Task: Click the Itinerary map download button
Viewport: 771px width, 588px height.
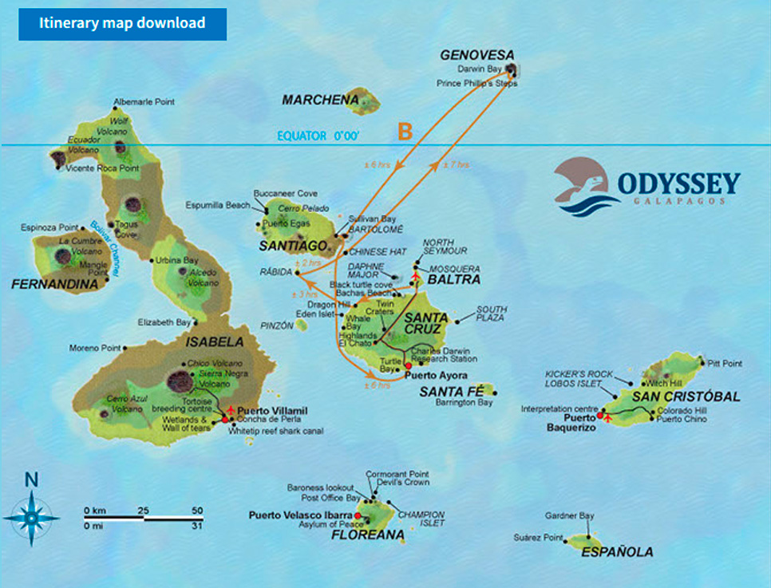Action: pyautogui.click(x=122, y=24)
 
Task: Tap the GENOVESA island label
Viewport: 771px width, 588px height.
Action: pyautogui.click(x=476, y=54)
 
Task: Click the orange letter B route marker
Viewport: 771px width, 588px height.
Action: pyautogui.click(x=405, y=132)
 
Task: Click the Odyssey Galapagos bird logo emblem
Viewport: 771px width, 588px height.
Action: pyautogui.click(x=582, y=185)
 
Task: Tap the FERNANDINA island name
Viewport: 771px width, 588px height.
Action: pyautogui.click(x=49, y=282)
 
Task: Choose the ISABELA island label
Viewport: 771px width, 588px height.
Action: pyautogui.click(x=215, y=341)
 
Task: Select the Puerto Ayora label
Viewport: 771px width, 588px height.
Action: pyautogui.click(x=436, y=375)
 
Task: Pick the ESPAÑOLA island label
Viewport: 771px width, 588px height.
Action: pyautogui.click(x=617, y=551)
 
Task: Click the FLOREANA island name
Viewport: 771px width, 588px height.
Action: pyautogui.click(x=368, y=535)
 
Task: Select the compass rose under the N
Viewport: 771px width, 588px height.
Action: pyautogui.click(x=31, y=518)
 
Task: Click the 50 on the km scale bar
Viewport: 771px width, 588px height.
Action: pyautogui.click(x=197, y=510)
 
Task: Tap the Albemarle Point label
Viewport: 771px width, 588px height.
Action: pyautogui.click(x=144, y=102)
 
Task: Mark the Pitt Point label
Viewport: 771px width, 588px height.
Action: pyautogui.click(x=724, y=364)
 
